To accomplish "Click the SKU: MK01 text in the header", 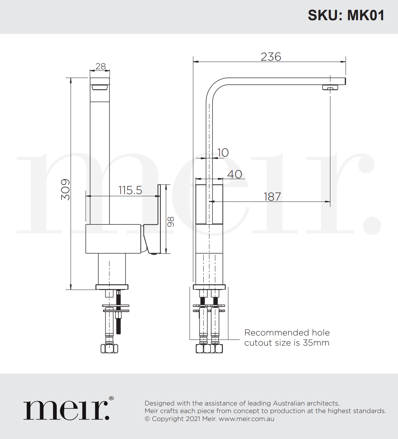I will tap(346, 16).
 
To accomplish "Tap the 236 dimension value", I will tap(271, 57).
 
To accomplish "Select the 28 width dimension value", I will tap(100, 66).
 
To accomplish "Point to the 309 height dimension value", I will tap(65, 189).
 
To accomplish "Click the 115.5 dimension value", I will tap(130, 190).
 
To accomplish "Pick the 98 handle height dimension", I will tap(171, 221).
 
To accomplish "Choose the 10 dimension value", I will tap(223, 153).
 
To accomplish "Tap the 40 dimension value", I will tap(234, 174).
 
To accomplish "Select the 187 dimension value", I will tap(272, 197).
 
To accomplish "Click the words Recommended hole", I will tap(287, 333).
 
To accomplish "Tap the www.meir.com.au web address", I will tap(246, 419).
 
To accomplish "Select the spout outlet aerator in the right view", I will tap(330, 87).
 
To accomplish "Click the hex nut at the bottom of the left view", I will tap(109, 348).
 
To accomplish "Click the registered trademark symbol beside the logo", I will tap(111, 399).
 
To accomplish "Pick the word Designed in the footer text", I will tap(160, 403).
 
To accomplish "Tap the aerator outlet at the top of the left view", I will tap(100, 87).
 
